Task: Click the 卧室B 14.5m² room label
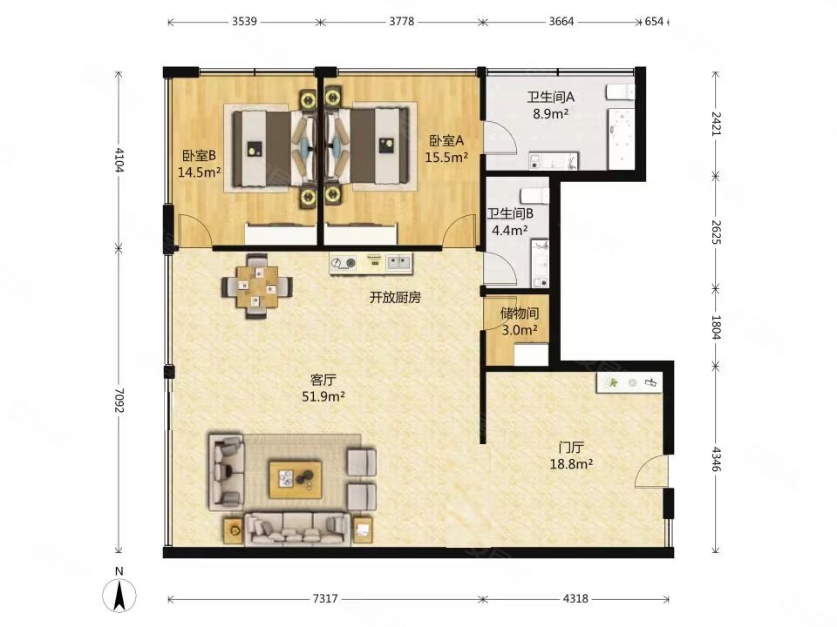tap(199, 164)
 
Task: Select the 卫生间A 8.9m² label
tap(551, 104)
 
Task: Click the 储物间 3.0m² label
tap(519, 320)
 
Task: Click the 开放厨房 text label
tap(395, 298)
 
